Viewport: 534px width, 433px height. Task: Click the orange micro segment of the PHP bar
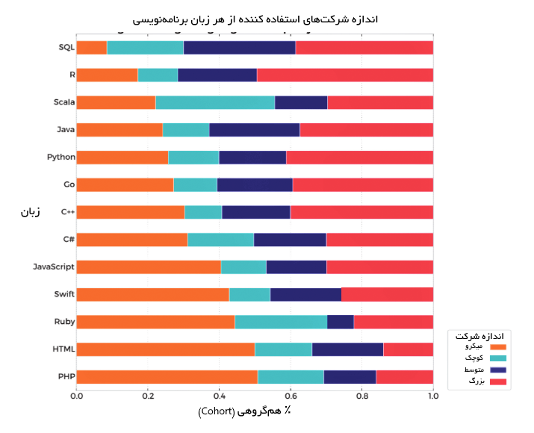click(167, 377)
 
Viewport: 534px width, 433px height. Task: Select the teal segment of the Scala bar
click(215, 102)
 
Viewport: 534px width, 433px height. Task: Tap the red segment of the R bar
click(345, 75)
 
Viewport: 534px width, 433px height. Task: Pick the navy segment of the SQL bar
click(239, 48)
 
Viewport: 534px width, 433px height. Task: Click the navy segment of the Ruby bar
click(341, 322)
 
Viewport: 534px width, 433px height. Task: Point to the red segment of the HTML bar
click(408, 349)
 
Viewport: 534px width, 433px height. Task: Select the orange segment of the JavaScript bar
click(149, 267)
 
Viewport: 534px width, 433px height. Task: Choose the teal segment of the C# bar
click(220, 240)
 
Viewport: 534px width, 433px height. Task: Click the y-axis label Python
click(60, 158)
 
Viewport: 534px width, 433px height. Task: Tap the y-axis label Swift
click(64, 294)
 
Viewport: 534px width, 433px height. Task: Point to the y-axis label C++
click(67, 212)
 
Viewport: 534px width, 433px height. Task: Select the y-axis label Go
click(69, 184)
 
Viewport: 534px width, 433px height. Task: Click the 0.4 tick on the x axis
click(219, 396)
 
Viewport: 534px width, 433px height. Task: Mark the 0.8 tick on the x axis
click(361, 396)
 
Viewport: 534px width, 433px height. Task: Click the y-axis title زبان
click(31, 213)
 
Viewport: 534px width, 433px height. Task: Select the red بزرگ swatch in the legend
click(498, 382)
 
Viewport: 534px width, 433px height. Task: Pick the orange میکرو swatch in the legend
click(498, 347)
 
